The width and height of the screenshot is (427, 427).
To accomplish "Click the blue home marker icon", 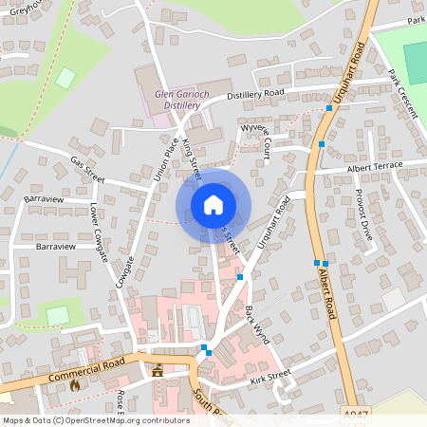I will tap(213, 204).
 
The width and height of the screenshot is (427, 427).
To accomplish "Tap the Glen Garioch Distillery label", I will tap(179, 99).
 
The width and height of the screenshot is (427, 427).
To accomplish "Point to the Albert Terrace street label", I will tap(375, 166).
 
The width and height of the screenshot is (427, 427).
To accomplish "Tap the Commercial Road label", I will tap(86, 369).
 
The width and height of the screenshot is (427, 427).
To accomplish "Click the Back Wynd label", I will tap(257, 325).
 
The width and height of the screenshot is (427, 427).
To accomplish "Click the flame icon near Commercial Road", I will tap(87, 384).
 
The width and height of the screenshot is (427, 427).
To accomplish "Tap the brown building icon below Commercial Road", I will tap(158, 371).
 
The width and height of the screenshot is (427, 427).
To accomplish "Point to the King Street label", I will tap(192, 158).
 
